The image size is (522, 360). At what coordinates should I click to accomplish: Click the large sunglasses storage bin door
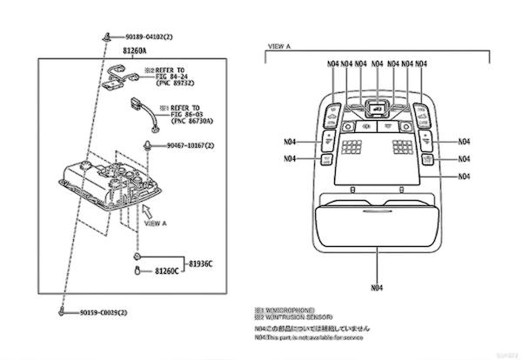pos(377,225)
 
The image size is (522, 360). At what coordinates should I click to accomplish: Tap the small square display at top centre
pos(377,110)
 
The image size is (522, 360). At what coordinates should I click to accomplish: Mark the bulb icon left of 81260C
pos(138,272)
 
